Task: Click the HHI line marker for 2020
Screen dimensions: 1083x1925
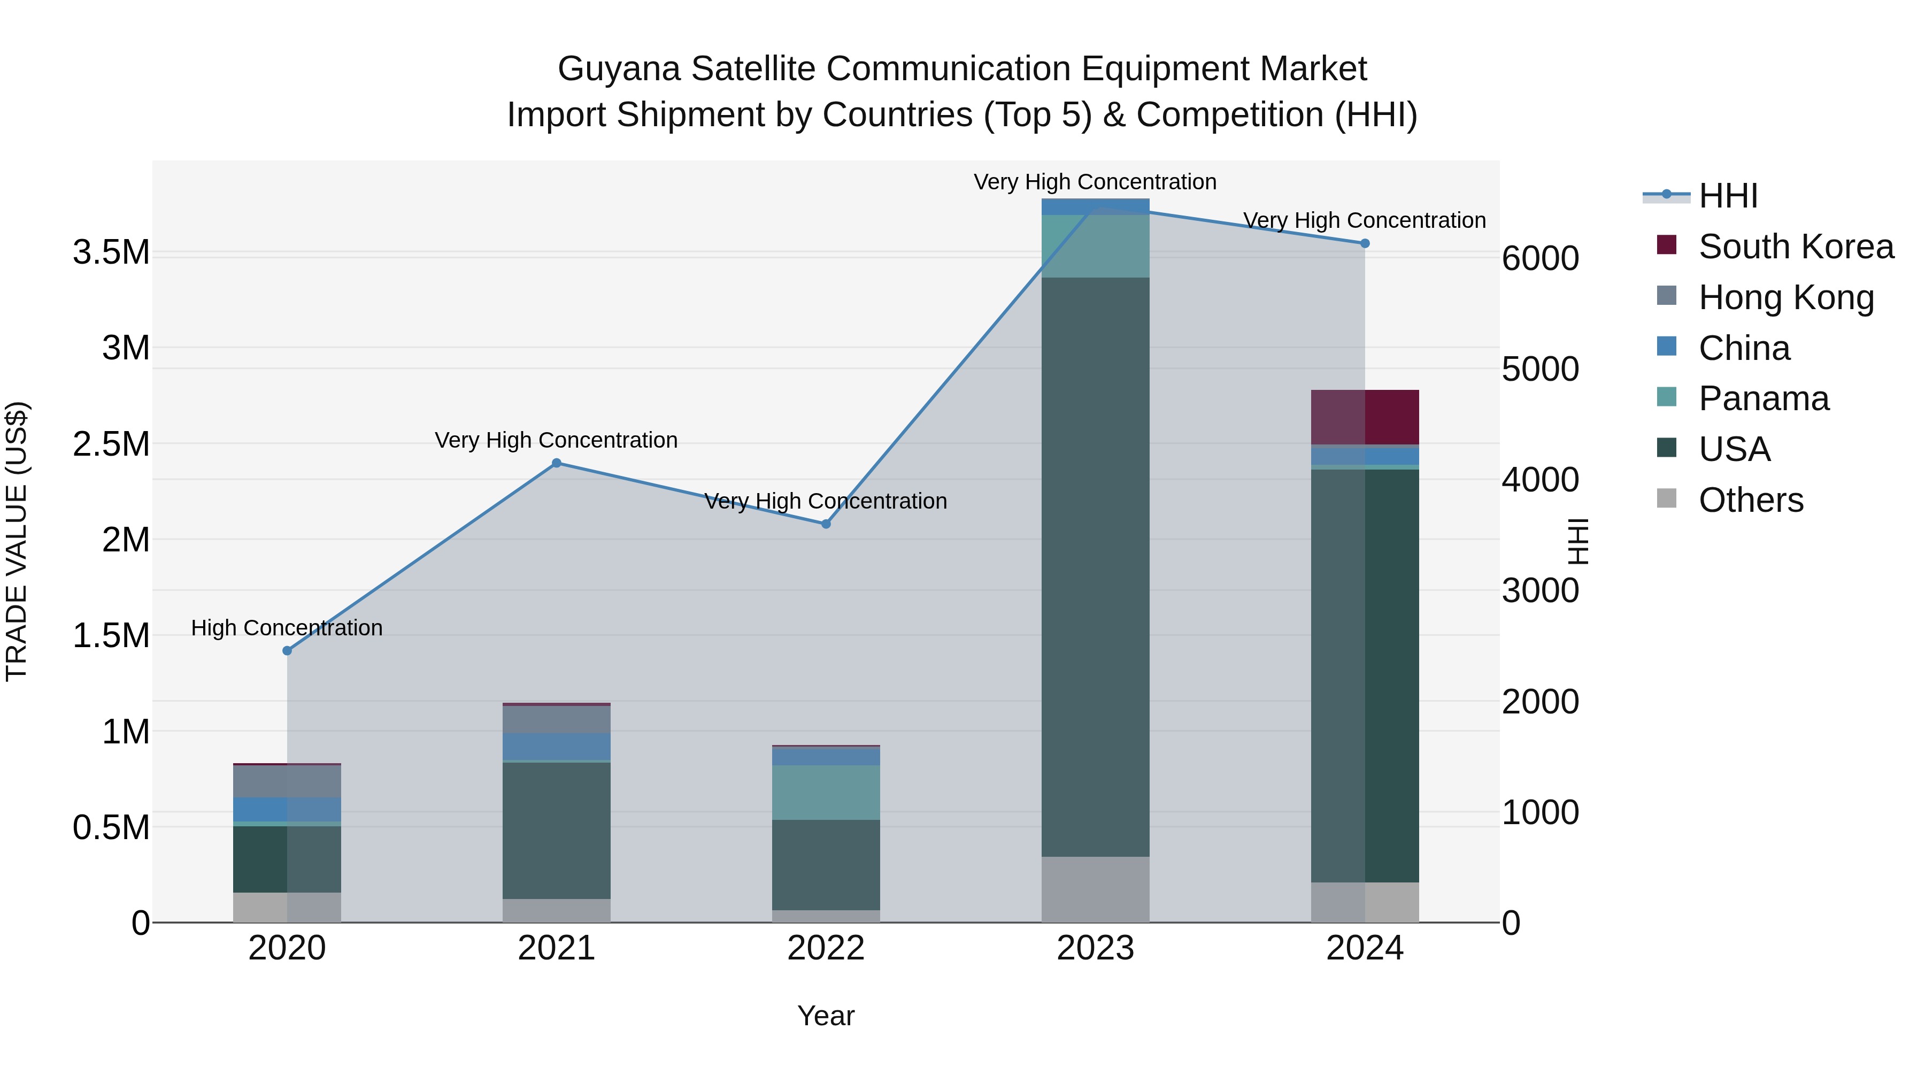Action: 287,651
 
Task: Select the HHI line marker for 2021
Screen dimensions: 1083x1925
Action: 556,463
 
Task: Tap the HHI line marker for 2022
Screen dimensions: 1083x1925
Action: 826,525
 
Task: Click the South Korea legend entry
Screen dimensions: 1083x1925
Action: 1796,247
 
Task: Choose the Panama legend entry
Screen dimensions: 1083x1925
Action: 1764,398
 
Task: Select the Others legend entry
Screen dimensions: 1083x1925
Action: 1751,500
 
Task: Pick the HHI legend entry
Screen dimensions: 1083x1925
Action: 1728,196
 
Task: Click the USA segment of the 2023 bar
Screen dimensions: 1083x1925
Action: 1096,568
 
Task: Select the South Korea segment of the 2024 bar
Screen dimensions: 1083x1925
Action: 1365,417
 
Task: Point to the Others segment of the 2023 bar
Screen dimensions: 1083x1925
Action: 1096,889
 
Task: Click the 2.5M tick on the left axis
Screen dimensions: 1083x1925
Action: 111,444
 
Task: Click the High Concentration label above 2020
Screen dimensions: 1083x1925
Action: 287,628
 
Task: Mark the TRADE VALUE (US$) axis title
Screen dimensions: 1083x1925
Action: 17,541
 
